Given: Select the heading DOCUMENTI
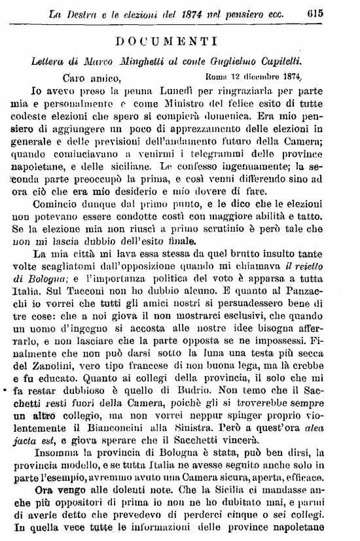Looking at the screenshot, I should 180,41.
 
